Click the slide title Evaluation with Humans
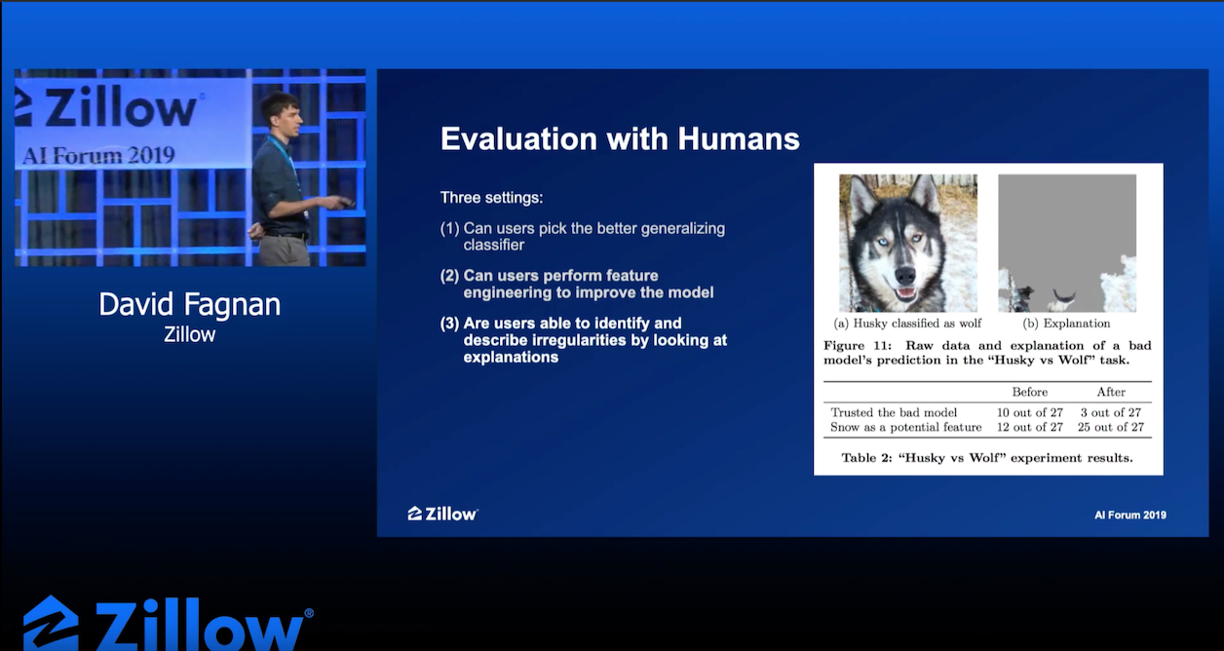(x=620, y=138)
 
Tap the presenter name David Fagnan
(x=190, y=304)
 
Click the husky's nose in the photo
(x=905, y=275)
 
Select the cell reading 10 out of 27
(x=1029, y=412)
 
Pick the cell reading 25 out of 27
(x=1110, y=427)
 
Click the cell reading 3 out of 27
(x=1110, y=412)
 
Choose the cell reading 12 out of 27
(x=1029, y=427)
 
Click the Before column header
(x=1029, y=392)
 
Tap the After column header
(x=1111, y=392)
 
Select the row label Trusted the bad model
(x=894, y=412)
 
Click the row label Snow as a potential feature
(x=906, y=427)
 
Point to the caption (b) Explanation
(x=1066, y=324)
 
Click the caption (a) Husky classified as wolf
(x=907, y=324)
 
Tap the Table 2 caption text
(x=987, y=458)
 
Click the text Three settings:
(x=491, y=197)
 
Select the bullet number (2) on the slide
(x=449, y=276)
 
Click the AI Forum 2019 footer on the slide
(x=1130, y=516)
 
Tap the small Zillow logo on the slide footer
(x=442, y=514)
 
